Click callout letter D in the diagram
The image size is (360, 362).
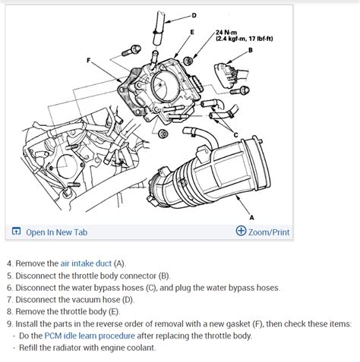tap(193, 14)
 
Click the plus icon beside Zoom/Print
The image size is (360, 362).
tap(241, 231)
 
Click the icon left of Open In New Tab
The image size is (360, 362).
tap(16, 231)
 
